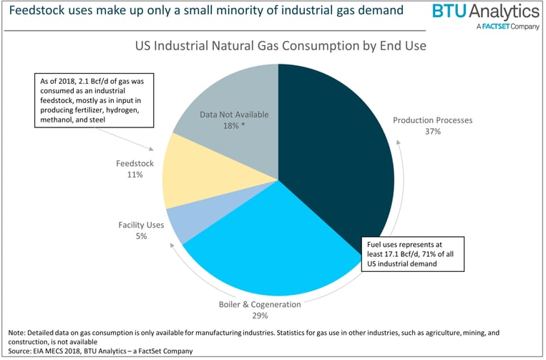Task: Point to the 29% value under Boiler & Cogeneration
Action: point(259,316)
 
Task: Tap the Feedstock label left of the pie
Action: point(135,163)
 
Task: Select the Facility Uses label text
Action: point(141,225)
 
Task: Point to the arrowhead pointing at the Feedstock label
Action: point(152,149)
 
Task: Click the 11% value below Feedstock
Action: point(135,175)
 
